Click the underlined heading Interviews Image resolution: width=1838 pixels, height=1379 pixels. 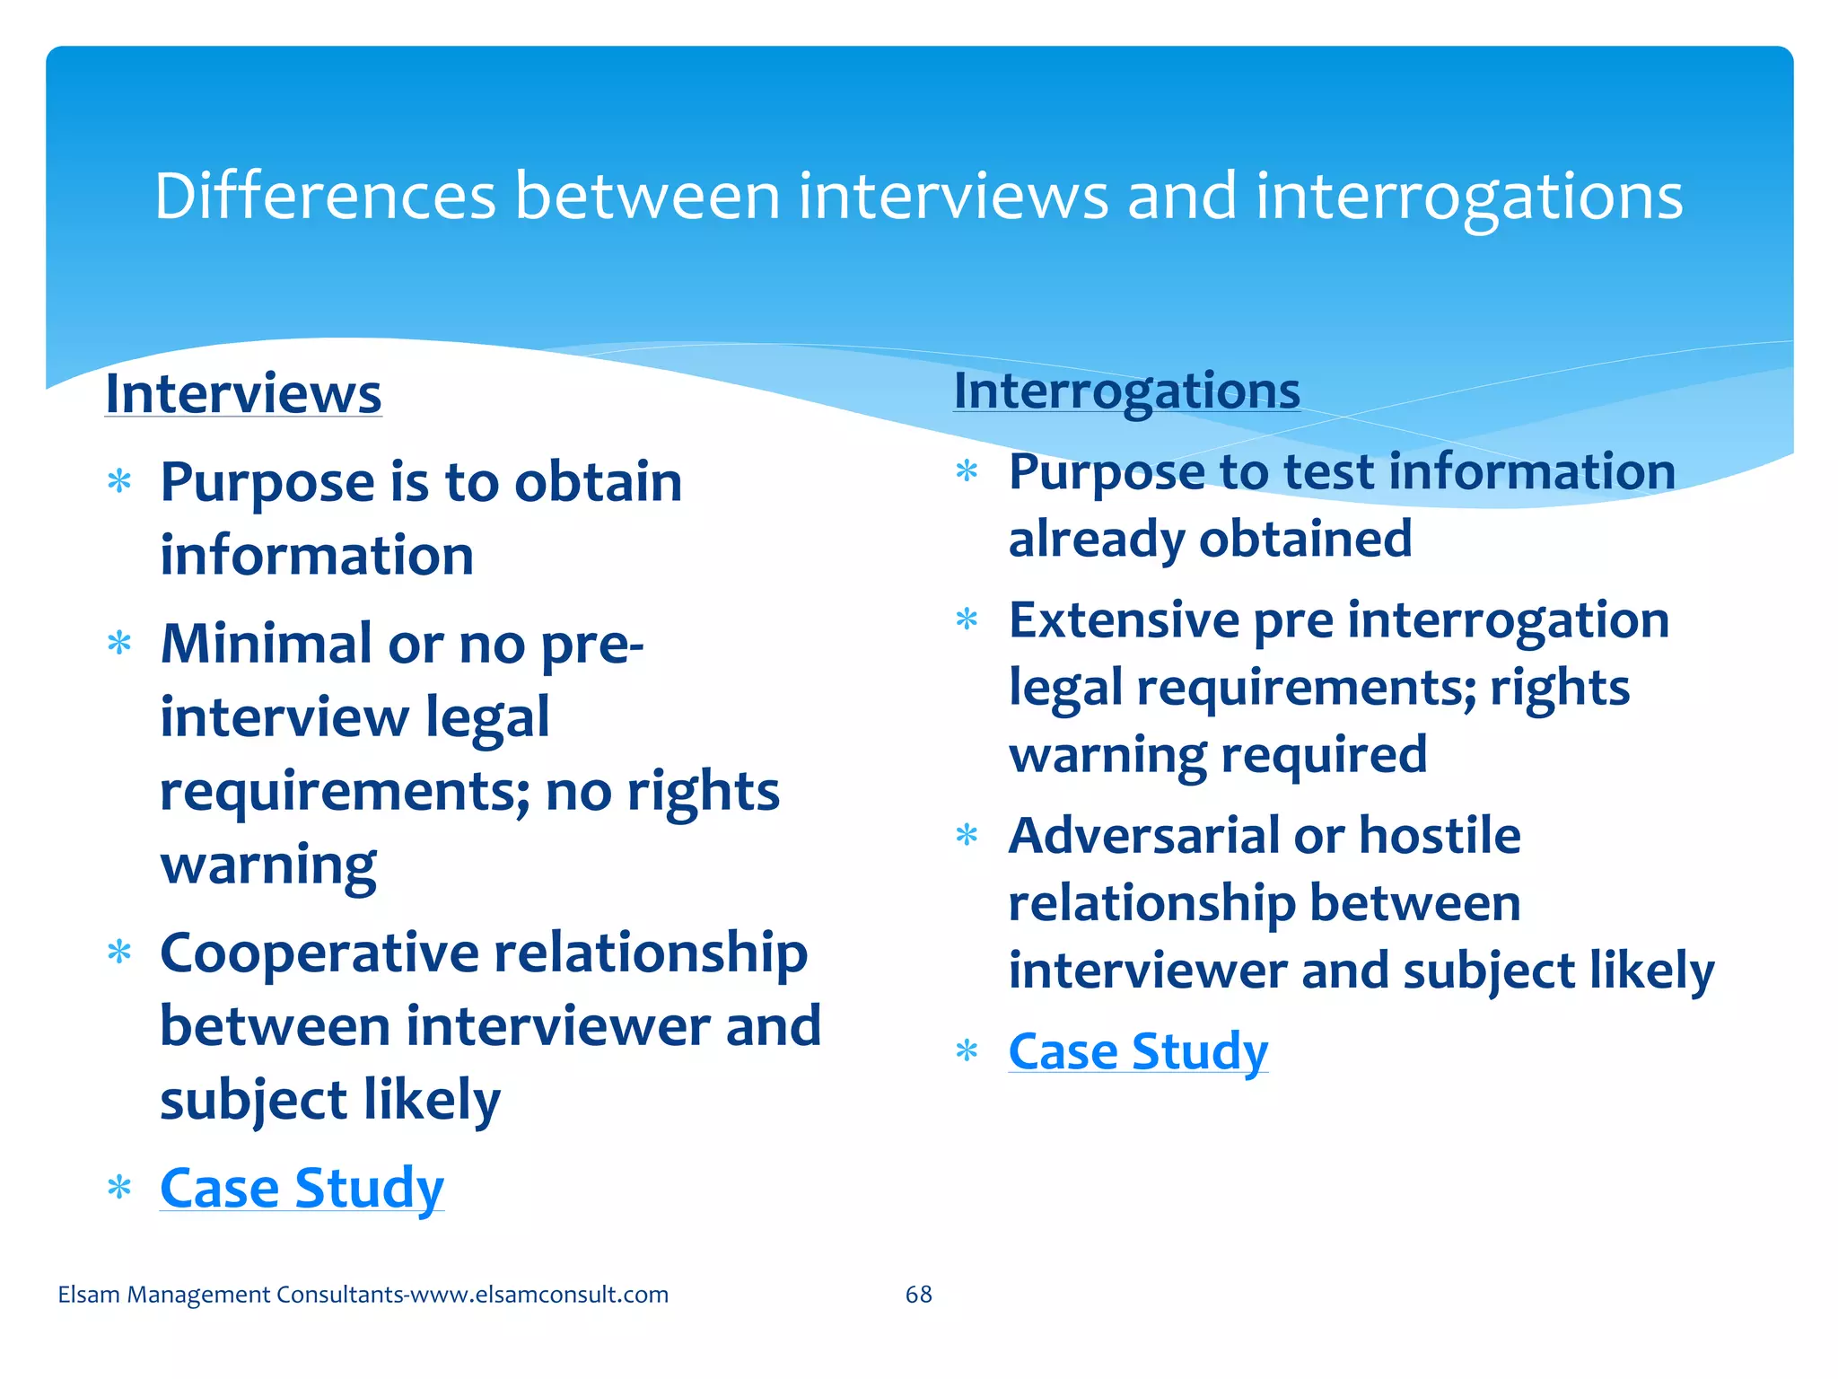coord(243,394)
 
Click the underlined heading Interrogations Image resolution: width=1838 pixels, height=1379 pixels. coord(1126,391)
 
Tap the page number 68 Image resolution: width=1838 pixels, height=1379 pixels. coord(918,1294)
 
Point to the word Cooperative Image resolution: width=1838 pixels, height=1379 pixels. coord(319,953)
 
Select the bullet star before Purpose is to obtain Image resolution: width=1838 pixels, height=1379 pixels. coord(119,482)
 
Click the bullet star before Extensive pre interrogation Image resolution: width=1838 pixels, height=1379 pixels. coord(967,619)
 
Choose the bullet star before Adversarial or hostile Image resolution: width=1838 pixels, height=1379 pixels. coord(967,836)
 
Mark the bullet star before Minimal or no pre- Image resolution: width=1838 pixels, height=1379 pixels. coord(119,644)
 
